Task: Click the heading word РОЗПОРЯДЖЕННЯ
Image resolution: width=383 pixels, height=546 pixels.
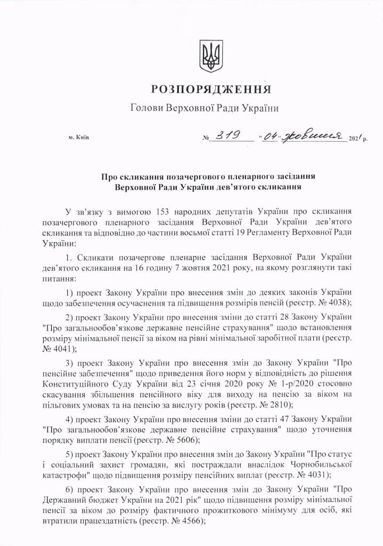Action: coord(211,89)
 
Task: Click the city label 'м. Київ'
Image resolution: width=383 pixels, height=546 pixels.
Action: coord(79,138)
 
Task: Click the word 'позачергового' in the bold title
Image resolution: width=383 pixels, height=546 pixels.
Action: coord(183,176)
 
